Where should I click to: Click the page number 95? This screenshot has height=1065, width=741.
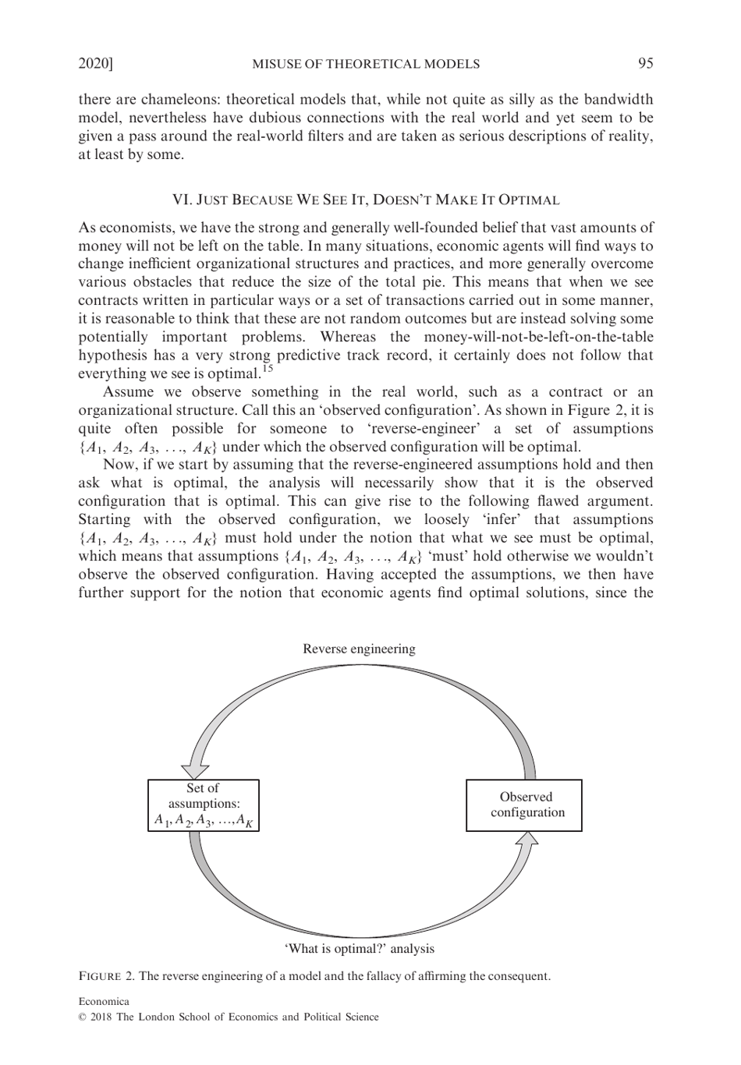coord(645,64)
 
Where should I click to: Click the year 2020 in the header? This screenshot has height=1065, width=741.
coord(94,64)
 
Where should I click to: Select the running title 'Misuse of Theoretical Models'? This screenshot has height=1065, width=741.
coord(365,64)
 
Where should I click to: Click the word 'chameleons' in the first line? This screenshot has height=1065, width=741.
coord(168,100)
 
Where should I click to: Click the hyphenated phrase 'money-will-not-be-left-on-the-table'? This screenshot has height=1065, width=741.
coord(538,337)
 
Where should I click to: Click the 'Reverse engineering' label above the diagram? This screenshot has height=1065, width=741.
coord(359,649)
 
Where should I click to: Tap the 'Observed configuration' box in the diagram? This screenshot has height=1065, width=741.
coord(524,805)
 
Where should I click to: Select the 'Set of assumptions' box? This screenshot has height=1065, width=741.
coord(204,805)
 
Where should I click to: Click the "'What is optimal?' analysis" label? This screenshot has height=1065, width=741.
coord(359,949)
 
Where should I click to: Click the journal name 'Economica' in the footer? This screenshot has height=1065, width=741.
coord(104,1001)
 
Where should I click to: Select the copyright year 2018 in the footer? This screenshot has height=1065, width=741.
coord(101,1017)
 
